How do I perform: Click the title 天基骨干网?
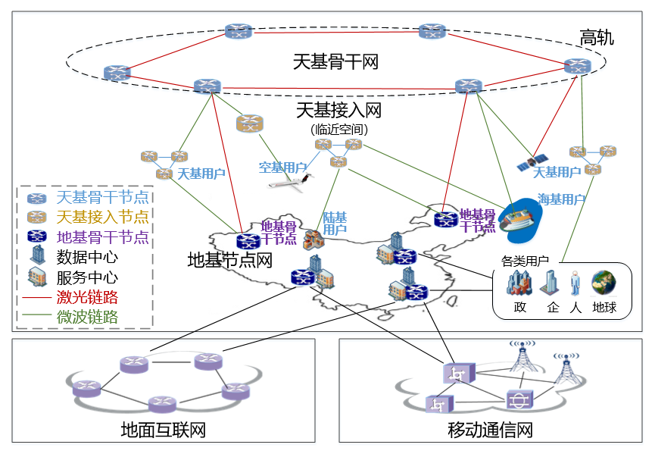coord(335,62)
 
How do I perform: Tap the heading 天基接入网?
coord(338,111)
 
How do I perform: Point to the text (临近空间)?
coord(339,129)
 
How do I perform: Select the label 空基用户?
coord(282,168)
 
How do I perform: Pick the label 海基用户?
coord(561,200)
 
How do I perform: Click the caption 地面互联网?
coord(164,431)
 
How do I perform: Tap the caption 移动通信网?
coord(490,431)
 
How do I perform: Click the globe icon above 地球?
coord(604,283)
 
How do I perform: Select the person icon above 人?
coord(575,283)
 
